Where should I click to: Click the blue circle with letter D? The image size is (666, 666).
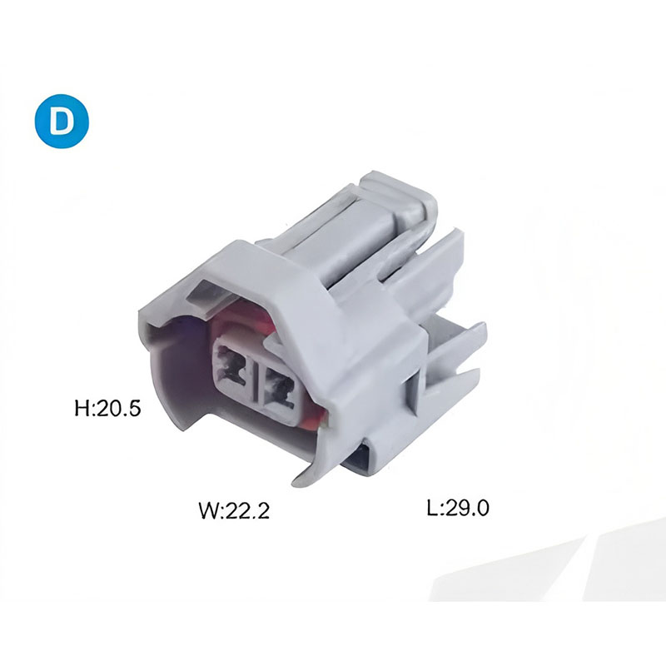point(62,121)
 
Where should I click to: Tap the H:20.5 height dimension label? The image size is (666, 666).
point(107,408)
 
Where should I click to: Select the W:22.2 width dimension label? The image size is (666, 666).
point(234,509)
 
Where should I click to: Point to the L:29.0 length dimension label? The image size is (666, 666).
point(458,507)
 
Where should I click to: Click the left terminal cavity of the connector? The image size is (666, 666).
point(233,365)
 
